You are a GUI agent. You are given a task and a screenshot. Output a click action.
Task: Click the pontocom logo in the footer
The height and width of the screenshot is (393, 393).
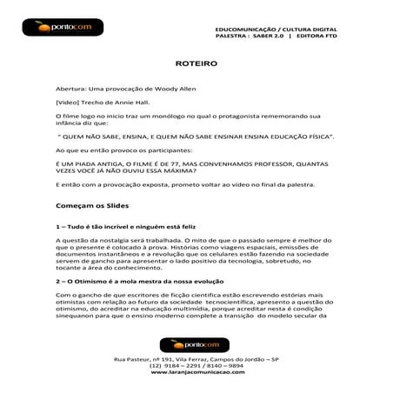pyautogui.click(x=196, y=346)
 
